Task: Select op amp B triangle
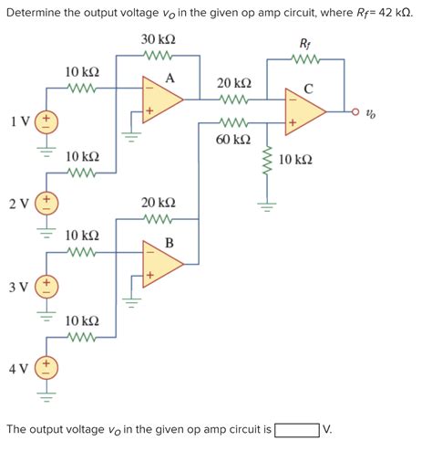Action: click(161, 261)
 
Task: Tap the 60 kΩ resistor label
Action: click(234, 140)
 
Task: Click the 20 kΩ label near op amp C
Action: click(234, 83)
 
